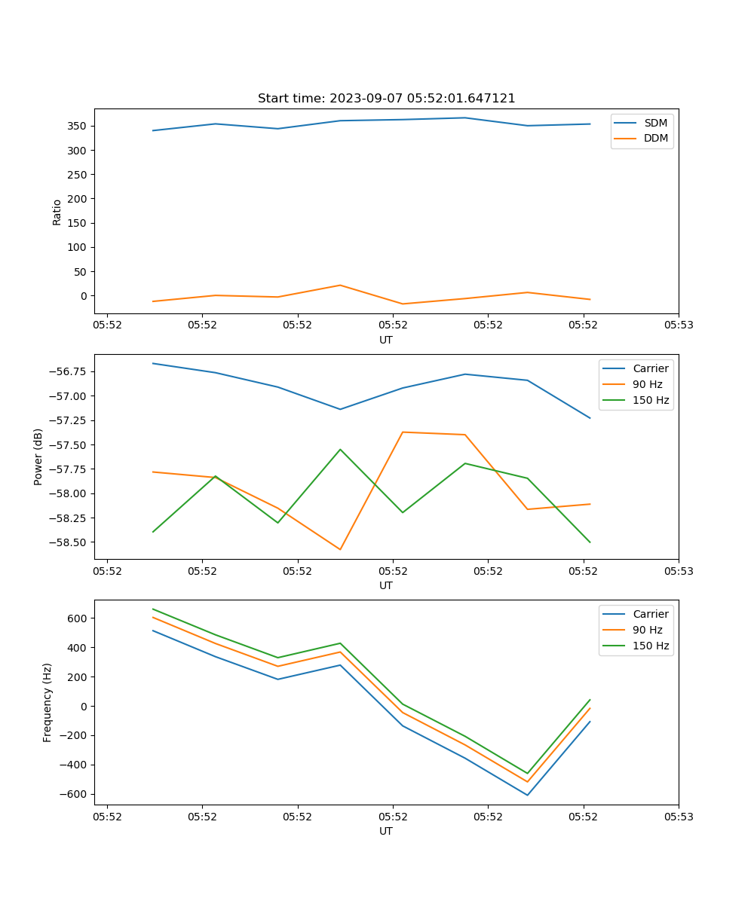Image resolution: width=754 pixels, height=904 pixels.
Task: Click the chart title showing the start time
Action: pos(386,99)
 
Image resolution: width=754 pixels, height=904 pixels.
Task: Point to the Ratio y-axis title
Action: pos(57,212)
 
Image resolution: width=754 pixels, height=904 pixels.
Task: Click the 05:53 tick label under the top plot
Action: pos(678,325)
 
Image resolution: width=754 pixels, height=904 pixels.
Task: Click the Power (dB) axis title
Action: pos(38,457)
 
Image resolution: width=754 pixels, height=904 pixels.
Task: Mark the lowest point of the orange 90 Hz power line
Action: pos(340,549)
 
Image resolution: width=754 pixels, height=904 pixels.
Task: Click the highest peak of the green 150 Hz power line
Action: pos(340,450)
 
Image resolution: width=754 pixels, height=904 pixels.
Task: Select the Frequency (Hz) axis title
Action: pos(48,702)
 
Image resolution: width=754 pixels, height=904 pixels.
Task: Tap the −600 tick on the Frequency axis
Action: pos(75,794)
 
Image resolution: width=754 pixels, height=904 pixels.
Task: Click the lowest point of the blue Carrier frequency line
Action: pos(527,795)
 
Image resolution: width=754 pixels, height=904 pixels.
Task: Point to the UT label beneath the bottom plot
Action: pos(386,831)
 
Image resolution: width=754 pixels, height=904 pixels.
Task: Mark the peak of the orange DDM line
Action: pos(340,286)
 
